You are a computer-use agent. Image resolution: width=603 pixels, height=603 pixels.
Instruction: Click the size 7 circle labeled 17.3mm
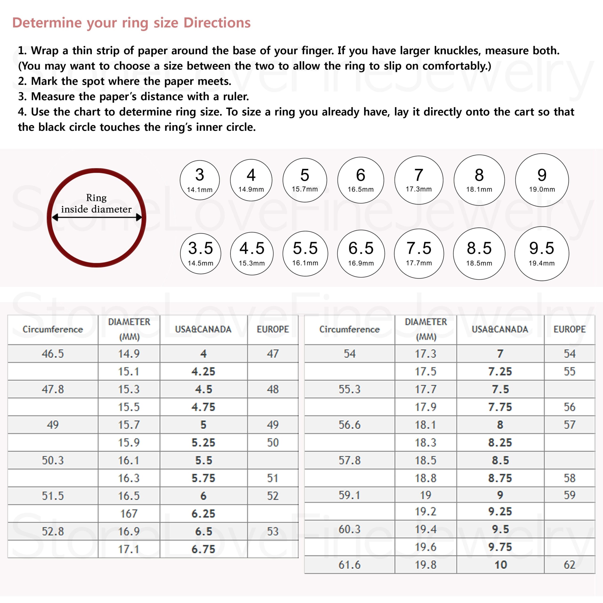(419, 180)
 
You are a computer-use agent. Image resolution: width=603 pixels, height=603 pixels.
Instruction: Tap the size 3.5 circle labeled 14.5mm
(200, 253)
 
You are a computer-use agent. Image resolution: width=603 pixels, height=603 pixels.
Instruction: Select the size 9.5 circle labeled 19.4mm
(542, 253)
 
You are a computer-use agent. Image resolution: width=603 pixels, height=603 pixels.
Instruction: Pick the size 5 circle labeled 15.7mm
(305, 180)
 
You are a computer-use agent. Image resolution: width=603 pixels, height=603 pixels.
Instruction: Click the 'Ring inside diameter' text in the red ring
(96, 203)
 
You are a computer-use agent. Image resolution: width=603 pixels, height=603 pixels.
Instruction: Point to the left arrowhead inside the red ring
(55, 218)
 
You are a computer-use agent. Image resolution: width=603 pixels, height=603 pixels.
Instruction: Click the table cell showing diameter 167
(129, 513)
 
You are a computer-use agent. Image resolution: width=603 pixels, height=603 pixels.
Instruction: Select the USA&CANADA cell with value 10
(500, 565)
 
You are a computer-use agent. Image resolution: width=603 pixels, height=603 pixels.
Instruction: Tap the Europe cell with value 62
(569, 565)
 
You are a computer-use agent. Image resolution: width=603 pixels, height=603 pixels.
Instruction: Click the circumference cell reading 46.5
(53, 354)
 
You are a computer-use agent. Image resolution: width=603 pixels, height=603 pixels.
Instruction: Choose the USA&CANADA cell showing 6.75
(203, 549)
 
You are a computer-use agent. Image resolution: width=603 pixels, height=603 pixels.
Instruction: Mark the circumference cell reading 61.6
(349, 565)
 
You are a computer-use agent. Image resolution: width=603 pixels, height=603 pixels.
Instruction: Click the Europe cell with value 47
(273, 354)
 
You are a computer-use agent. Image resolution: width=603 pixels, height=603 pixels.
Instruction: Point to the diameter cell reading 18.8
(425, 478)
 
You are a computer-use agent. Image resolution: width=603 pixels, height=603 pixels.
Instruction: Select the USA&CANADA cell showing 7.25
(500, 371)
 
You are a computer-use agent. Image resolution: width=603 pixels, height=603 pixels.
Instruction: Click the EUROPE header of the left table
(273, 329)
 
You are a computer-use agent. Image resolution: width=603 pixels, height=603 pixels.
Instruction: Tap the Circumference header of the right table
(349, 329)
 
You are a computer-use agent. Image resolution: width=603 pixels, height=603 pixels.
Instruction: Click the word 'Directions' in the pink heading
(217, 23)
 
